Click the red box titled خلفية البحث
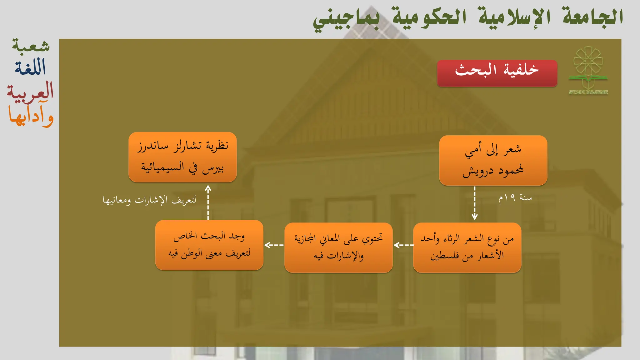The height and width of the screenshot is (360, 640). click(x=497, y=73)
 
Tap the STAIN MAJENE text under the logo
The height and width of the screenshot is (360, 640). click(x=588, y=92)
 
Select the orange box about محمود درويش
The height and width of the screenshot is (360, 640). click(x=493, y=160)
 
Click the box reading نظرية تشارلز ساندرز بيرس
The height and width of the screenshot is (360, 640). click(x=182, y=157)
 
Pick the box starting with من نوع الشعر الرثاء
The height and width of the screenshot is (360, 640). click(x=467, y=247)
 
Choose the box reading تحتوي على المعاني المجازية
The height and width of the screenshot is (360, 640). click(x=338, y=247)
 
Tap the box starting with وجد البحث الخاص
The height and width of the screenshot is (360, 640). click(x=209, y=245)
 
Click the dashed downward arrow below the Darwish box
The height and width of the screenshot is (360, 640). click(x=474, y=203)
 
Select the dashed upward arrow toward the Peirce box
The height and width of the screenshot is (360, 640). click(x=208, y=202)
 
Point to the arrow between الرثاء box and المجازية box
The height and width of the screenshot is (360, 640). click(x=403, y=245)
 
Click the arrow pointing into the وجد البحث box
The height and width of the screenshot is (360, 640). click(x=274, y=245)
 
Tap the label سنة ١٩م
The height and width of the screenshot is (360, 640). click(x=515, y=198)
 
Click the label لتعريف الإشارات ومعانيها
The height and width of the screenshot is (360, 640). click(x=149, y=200)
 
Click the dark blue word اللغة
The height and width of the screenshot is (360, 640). click(x=30, y=67)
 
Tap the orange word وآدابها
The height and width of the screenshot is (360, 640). click(x=31, y=117)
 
